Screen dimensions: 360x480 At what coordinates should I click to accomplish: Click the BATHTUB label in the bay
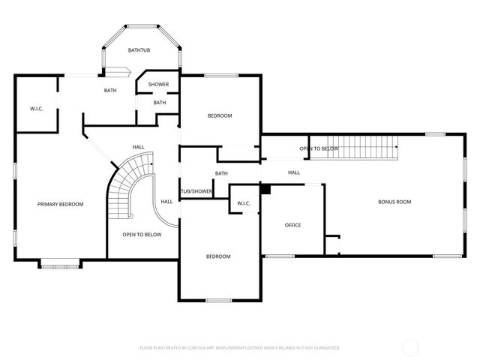click(139, 50)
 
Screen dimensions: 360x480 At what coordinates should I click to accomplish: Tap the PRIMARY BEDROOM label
click(61, 204)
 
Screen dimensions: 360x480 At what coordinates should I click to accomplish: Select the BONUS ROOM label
click(394, 202)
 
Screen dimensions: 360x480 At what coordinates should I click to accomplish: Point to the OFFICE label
click(292, 225)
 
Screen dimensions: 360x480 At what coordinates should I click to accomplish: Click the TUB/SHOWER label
click(196, 191)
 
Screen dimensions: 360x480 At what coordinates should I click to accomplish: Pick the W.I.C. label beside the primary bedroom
click(36, 109)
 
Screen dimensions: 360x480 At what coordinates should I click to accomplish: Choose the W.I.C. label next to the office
click(243, 203)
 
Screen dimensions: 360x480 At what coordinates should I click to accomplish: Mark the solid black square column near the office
click(265, 188)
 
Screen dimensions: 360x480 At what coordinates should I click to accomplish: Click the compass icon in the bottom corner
click(410, 347)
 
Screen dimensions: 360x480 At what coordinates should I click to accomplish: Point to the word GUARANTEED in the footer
click(325, 348)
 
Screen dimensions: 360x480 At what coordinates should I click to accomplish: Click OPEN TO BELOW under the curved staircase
click(142, 235)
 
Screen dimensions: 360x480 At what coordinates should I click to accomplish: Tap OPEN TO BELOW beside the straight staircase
click(319, 148)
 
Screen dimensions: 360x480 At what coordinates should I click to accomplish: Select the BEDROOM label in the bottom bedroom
click(218, 256)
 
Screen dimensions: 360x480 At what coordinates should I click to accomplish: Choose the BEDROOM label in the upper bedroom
click(220, 115)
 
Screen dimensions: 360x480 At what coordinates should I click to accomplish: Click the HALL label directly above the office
click(294, 172)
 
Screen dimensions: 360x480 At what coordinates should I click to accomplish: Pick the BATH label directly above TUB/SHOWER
click(221, 174)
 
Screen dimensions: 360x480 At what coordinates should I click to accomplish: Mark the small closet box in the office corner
click(332, 245)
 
